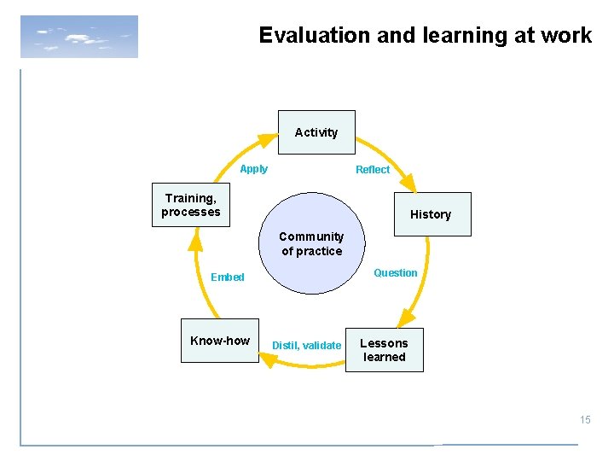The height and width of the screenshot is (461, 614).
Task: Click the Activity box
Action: click(x=316, y=132)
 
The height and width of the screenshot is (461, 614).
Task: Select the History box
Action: click(x=430, y=214)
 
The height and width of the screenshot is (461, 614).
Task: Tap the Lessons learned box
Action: click(x=384, y=350)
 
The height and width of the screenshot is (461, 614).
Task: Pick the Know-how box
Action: click(x=220, y=341)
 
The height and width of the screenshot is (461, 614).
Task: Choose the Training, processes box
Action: click(x=191, y=205)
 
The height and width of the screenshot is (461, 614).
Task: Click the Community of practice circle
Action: click(x=311, y=244)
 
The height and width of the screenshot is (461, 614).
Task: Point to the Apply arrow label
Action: click(x=253, y=169)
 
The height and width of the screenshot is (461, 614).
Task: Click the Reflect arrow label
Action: click(x=373, y=170)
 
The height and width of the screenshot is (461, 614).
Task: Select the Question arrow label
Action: click(x=396, y=273)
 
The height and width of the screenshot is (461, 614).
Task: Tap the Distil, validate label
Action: click(x=306, y=346)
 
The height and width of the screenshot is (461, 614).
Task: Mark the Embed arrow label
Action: click(x=228, y=277)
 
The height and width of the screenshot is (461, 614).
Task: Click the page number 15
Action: click(x=585, y=419)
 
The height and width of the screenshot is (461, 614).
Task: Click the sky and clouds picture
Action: click(x=78, y=37)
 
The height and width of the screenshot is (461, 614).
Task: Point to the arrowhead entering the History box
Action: click(x=408, y=183)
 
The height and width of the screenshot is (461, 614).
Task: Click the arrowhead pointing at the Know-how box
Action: click(x=269, y=360)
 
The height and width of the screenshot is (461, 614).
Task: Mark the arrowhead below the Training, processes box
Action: click(x=195, y=242)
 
